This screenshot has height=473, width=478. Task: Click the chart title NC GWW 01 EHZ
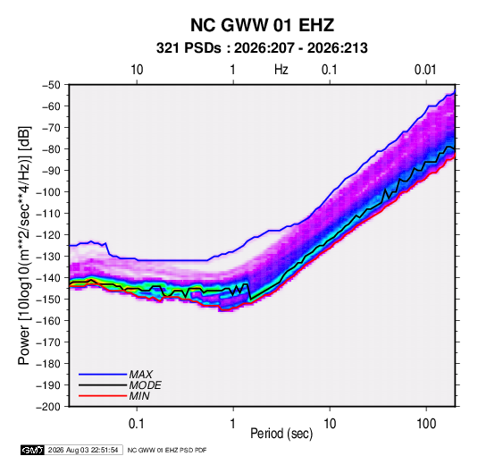(262, 25)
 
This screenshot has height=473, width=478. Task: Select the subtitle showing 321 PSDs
(262, 48)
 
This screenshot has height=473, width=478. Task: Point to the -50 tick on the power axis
(51, 85)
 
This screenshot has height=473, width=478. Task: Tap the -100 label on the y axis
(48, 192)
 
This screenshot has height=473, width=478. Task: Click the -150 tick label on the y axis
(48, 300)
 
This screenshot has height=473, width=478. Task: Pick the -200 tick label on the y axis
(48, 407)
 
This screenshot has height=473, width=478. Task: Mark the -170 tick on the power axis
(48, 342)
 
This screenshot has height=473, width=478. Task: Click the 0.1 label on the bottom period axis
(137, 424)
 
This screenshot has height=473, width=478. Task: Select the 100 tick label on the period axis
(426, 424)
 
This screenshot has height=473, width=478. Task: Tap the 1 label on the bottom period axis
(233, 424)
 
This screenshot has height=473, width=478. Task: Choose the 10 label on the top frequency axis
(137, 70)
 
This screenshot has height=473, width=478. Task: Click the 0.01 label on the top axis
(425, 70)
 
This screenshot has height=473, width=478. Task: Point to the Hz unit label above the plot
(281, 70)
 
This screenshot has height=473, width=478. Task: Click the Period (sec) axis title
(281, 434)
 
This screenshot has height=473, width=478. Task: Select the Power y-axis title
(24, 245)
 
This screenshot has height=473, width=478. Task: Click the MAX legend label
(140, 375)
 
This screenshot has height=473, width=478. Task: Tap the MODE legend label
(145, 385)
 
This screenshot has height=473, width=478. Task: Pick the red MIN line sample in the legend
(103, 396)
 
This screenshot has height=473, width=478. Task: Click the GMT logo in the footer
(33, 450)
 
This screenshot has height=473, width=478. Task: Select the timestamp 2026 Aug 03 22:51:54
(83, 450)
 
